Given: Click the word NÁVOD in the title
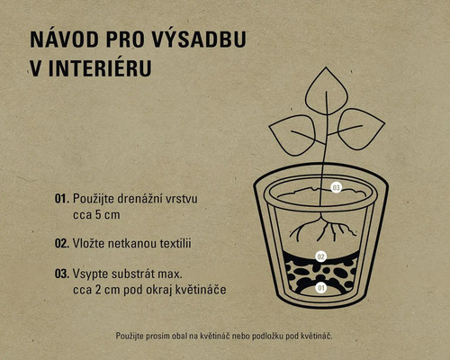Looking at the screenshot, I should pos(61,41).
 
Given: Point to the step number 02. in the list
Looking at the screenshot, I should pos(61,243).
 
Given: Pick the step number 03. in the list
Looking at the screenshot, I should pos(61,272).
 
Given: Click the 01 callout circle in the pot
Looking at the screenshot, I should pos(319,288).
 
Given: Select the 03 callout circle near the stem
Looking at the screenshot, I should pos(335,187).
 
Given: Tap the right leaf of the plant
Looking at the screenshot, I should pos(360,127).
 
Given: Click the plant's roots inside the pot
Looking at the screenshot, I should pos(320,230).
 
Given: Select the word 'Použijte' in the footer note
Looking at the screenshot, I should pos(133,336).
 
